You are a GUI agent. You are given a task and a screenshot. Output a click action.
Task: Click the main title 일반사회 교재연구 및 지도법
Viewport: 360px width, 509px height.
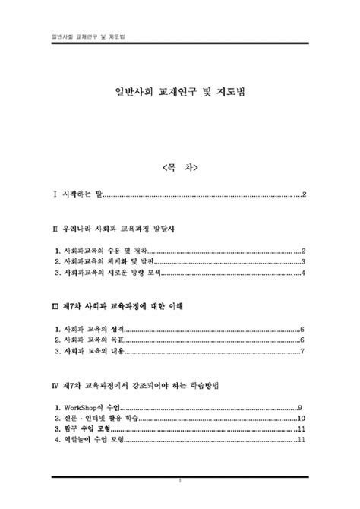[180, 92]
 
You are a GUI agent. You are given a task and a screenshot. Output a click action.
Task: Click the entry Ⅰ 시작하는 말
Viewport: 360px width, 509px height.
[77, 195]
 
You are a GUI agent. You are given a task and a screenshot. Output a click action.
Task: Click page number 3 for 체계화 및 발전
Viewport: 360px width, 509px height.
[303, 261]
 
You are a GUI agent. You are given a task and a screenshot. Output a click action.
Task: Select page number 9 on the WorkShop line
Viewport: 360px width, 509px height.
[302, 407]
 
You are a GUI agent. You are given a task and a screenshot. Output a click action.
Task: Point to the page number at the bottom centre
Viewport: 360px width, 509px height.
[180, 481]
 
